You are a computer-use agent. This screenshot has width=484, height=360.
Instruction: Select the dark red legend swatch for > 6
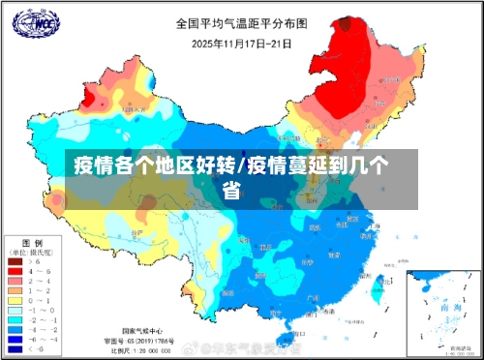tap(15, 260)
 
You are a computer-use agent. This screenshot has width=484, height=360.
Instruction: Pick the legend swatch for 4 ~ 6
tap(15, 270)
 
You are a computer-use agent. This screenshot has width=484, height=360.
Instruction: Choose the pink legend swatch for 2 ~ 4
tap(15, 280)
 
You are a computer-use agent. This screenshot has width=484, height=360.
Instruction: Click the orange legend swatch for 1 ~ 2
tap(15, 289)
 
